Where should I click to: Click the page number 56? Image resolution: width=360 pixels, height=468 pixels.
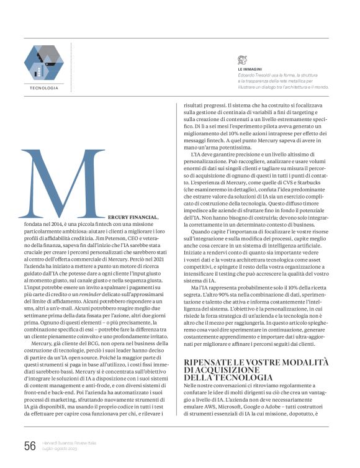pos(29,445)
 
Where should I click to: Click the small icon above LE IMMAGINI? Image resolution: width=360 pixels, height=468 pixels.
pos(243,59)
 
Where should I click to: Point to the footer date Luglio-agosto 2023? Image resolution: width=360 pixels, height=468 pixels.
pos(60,449)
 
